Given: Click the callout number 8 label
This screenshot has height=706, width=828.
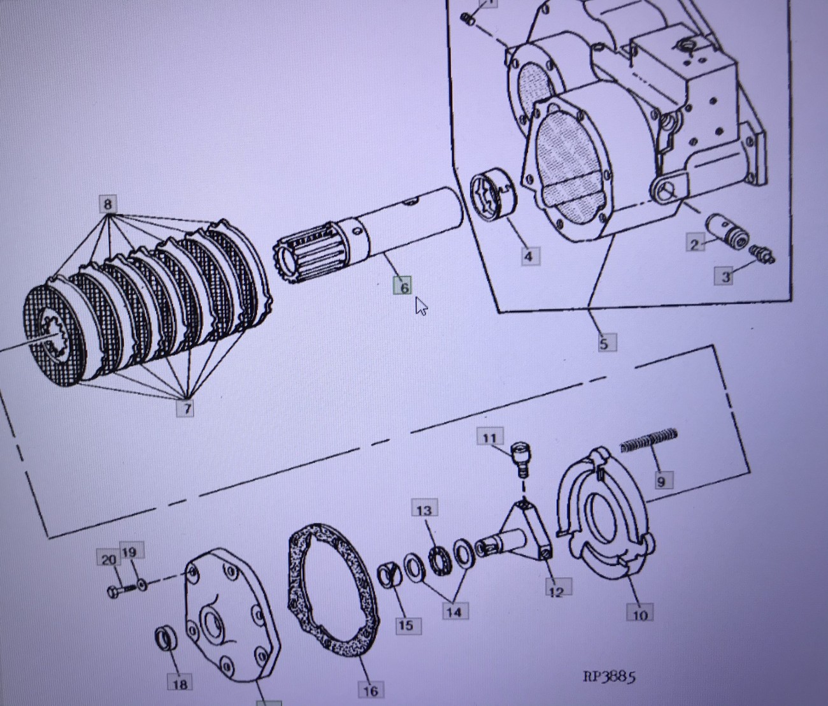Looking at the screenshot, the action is [x=108, y=205].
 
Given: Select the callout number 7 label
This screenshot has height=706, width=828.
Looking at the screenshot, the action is [x=185, y=408].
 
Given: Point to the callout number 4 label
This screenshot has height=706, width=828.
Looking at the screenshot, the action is [x=529, y=256].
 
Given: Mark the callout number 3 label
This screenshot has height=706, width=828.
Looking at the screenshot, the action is [x=724, y=276].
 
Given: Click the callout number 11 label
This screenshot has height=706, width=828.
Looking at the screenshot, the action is [x=490, y=438].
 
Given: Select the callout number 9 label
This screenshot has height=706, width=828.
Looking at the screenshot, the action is [x=661, y=481].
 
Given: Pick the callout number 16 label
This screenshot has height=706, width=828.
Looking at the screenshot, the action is [x=371, y=690].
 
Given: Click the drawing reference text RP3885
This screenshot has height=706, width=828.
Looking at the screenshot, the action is [x=609, y=677].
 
